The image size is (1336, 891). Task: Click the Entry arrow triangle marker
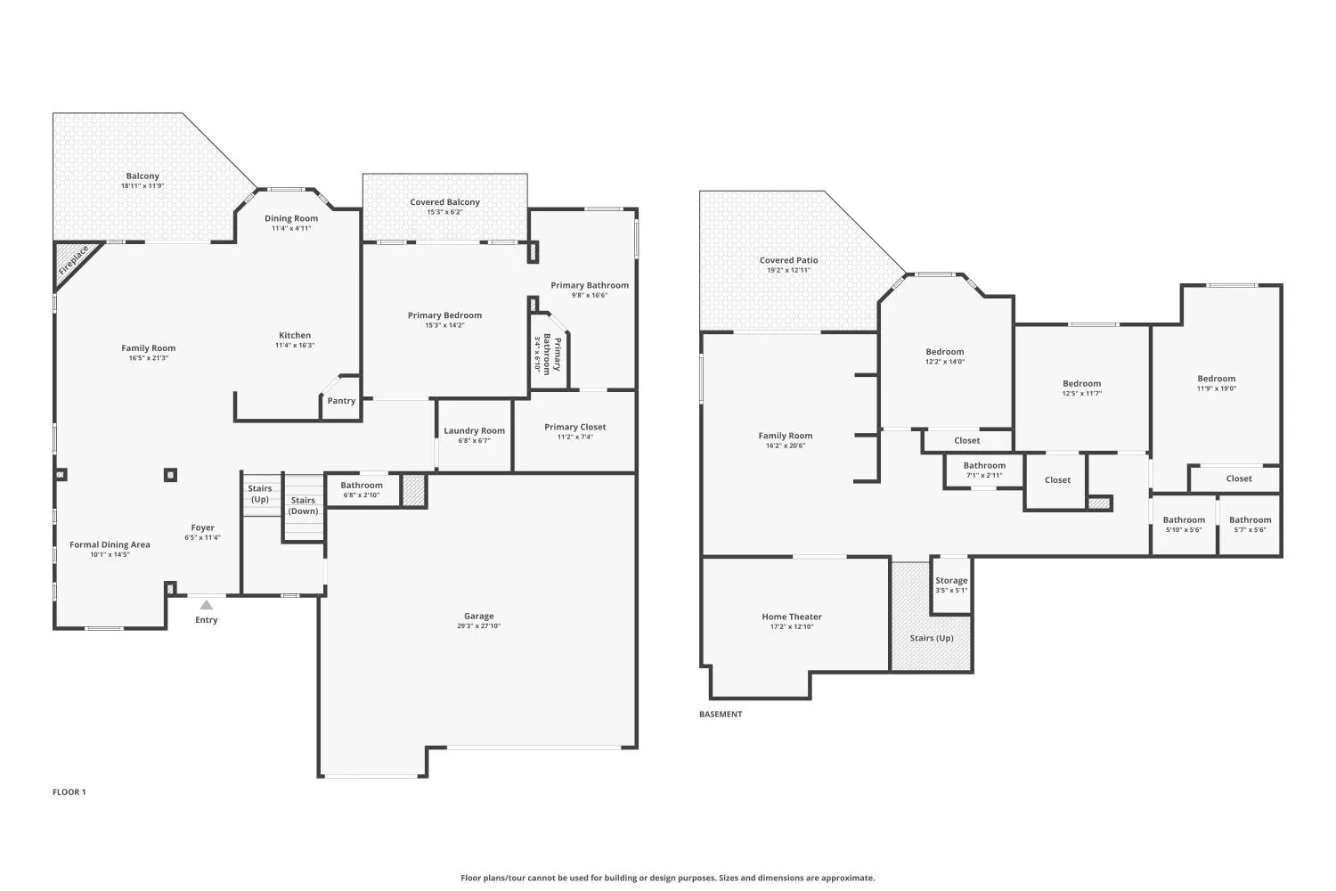[x=207, y=604]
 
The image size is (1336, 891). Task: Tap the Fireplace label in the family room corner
[x=73, y=259]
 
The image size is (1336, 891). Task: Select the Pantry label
[x=341, y=400]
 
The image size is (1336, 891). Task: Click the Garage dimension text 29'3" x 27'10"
[x=478, y=626]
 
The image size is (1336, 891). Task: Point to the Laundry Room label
[x=474, y=430]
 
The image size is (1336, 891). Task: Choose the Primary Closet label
[x=575, y=427]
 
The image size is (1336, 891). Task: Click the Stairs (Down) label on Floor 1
[x=303, y=505]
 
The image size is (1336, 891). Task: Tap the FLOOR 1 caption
[x=69, y=792]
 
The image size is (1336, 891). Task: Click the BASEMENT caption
[x=721, y=714]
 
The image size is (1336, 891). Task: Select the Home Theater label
[x=792, y=617]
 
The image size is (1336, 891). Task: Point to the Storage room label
[x=951, y=580]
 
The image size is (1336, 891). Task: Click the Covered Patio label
[x=788, y=260]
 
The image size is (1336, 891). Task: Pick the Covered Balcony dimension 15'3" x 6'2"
[x=444, y=212]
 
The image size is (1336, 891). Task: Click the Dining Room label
[x=291, y=218]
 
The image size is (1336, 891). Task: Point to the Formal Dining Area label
[x=110, y=544]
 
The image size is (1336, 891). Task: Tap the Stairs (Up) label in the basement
[x=932, y=638]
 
